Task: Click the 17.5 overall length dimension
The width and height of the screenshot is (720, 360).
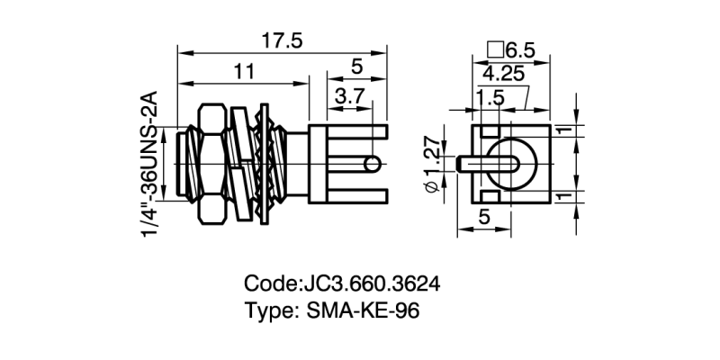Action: click(283, 41)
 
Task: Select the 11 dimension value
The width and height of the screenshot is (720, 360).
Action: click(244, 72)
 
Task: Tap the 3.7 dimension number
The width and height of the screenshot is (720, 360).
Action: click(349, 97)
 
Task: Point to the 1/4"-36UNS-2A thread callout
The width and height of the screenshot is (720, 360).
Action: click(150, 164)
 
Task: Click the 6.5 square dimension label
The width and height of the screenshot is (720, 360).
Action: click(520, 50)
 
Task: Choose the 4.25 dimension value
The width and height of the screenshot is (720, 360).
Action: click(503, 74)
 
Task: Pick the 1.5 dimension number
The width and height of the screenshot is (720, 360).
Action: click(490, 98)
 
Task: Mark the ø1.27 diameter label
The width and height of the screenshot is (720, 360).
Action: click(432, 164)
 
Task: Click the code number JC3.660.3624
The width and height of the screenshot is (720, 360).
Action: click(372, 283)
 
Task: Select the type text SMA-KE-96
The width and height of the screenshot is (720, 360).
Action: click(363, 311)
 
